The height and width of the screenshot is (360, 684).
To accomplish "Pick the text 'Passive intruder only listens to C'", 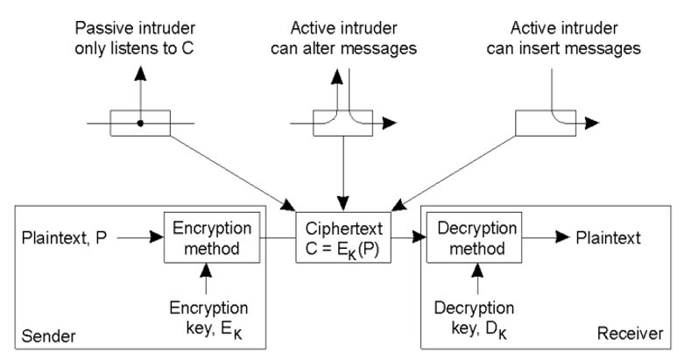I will [x=138, y=25].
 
